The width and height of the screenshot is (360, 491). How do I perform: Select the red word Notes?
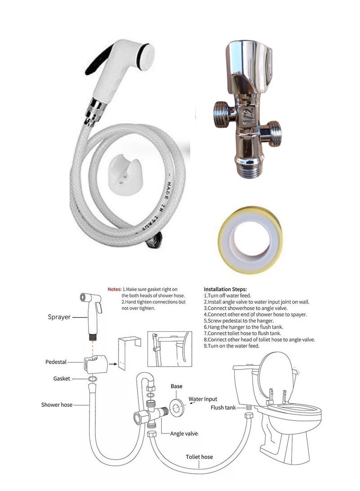pyautogui.click(x=114, y=289)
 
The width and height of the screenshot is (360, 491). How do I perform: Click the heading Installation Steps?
pyautogui.click(x=225, y=289)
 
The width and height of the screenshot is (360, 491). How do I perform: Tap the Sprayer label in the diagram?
pyautogui.click(x=59, y=317)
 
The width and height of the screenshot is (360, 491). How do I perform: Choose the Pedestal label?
pyautogui.click(x=56, y=362)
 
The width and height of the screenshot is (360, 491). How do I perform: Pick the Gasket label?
pyautogui.click(x=62, y=379)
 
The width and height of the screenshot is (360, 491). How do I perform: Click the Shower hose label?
pyautogui.click(x=57, y=405)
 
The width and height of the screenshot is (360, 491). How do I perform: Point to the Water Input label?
pyautogui.click(x=202, y=399)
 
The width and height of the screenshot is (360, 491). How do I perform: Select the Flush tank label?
pyautogui.click(x=224, y=408)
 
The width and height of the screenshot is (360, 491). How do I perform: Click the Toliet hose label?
pyautogui.click(x=199, y=457)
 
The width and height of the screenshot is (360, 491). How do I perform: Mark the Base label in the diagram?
pyautogui.click(x=176, y=386)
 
